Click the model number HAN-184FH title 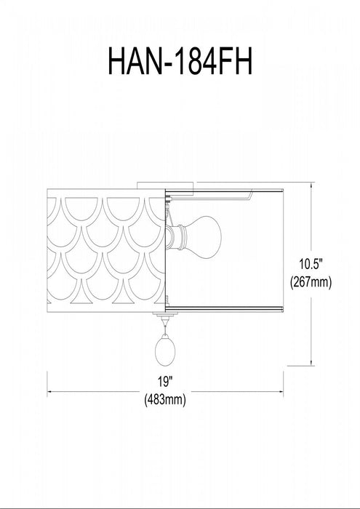click(x=180, y=60)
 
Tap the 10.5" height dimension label click(x=310, y=264)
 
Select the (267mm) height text click(x=311, y=282)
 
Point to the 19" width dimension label click(x=164, y=382)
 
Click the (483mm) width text click(x=165, y=399)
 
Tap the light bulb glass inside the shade click(x=205, y=237)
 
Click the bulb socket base click(x=176, y=238)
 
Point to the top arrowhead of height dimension click(x=311, y=185)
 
